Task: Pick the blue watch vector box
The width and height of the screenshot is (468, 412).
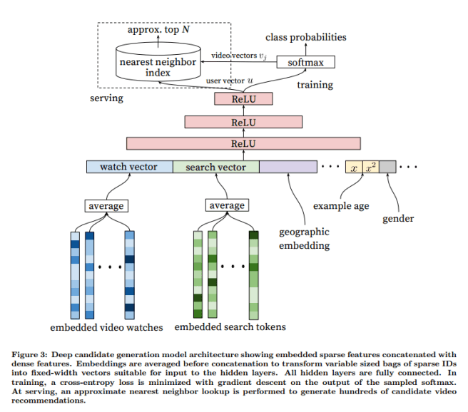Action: click(129, 167)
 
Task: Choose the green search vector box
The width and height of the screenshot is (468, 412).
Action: click(215, 167)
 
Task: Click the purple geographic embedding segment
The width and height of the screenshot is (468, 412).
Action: click(288, 167)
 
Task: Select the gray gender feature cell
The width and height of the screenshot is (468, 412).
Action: click(387, 167)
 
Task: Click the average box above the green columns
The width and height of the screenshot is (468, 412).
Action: click(225, 206)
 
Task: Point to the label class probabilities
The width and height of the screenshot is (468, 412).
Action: click(305, 36)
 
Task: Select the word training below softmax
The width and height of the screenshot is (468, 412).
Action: click(315, 85)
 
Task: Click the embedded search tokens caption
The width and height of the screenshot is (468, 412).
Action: click(230, 327)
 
